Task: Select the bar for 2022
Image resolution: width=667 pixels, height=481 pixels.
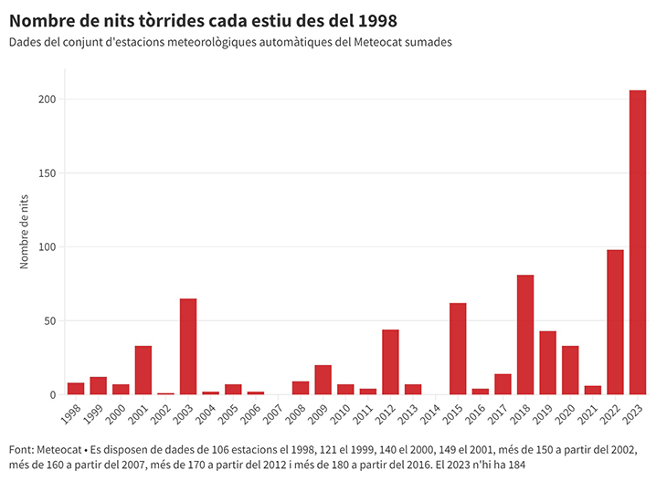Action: (x=615, y=322)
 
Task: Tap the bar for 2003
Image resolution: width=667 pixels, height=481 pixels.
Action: (x=188, y=347)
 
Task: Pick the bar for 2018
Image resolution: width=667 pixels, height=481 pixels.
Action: (x=525, y=335)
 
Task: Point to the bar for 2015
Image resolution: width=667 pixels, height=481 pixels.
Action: (x=458, y=349)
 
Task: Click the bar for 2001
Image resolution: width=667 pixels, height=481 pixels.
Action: (x=143, y=371)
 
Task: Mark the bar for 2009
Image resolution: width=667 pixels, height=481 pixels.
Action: (x=323, y=380)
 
